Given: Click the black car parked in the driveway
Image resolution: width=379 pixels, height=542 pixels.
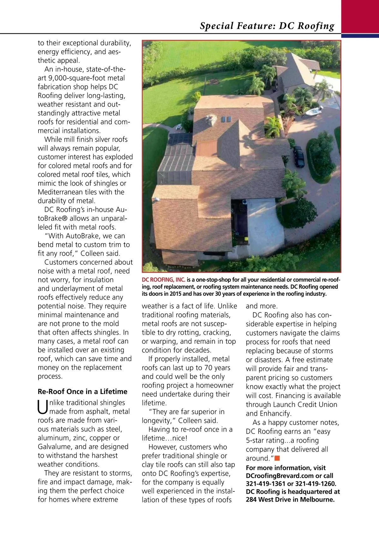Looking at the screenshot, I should coord(299,156).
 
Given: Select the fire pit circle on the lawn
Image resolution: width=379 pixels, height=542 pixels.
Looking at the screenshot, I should coord(214,82).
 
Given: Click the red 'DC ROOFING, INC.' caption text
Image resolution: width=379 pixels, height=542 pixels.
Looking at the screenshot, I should coord(163,280).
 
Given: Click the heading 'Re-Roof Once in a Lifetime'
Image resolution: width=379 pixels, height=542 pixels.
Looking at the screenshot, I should coord(82,391).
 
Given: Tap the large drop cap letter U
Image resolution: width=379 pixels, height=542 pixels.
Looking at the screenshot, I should coord(43,407).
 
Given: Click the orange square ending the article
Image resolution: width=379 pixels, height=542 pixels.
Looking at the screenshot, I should coord(277,458).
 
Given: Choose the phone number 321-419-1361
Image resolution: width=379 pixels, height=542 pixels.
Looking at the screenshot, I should coord(265,484).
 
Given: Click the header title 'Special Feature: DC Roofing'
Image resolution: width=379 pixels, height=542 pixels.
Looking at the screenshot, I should coord(267,26).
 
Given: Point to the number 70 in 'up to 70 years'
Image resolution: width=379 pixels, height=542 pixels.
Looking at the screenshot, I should coord(208,368).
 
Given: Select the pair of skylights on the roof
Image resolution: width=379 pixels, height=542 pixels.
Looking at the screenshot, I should coord(226,120).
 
